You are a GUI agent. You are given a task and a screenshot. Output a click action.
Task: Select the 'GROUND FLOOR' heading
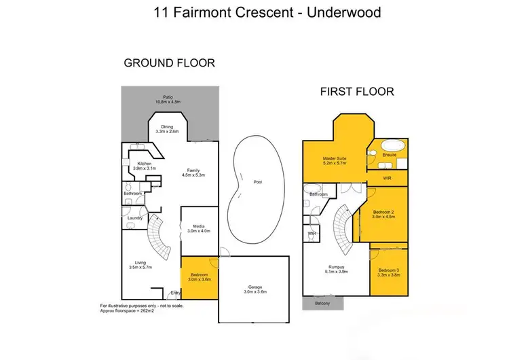[169, 63]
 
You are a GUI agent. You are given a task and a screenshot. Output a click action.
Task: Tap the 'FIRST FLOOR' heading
[357, 90]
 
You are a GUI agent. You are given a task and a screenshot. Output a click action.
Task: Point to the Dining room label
[166, 129]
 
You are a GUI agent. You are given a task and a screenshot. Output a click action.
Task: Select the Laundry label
[134, 217]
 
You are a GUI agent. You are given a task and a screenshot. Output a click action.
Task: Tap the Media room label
[199, 229]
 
